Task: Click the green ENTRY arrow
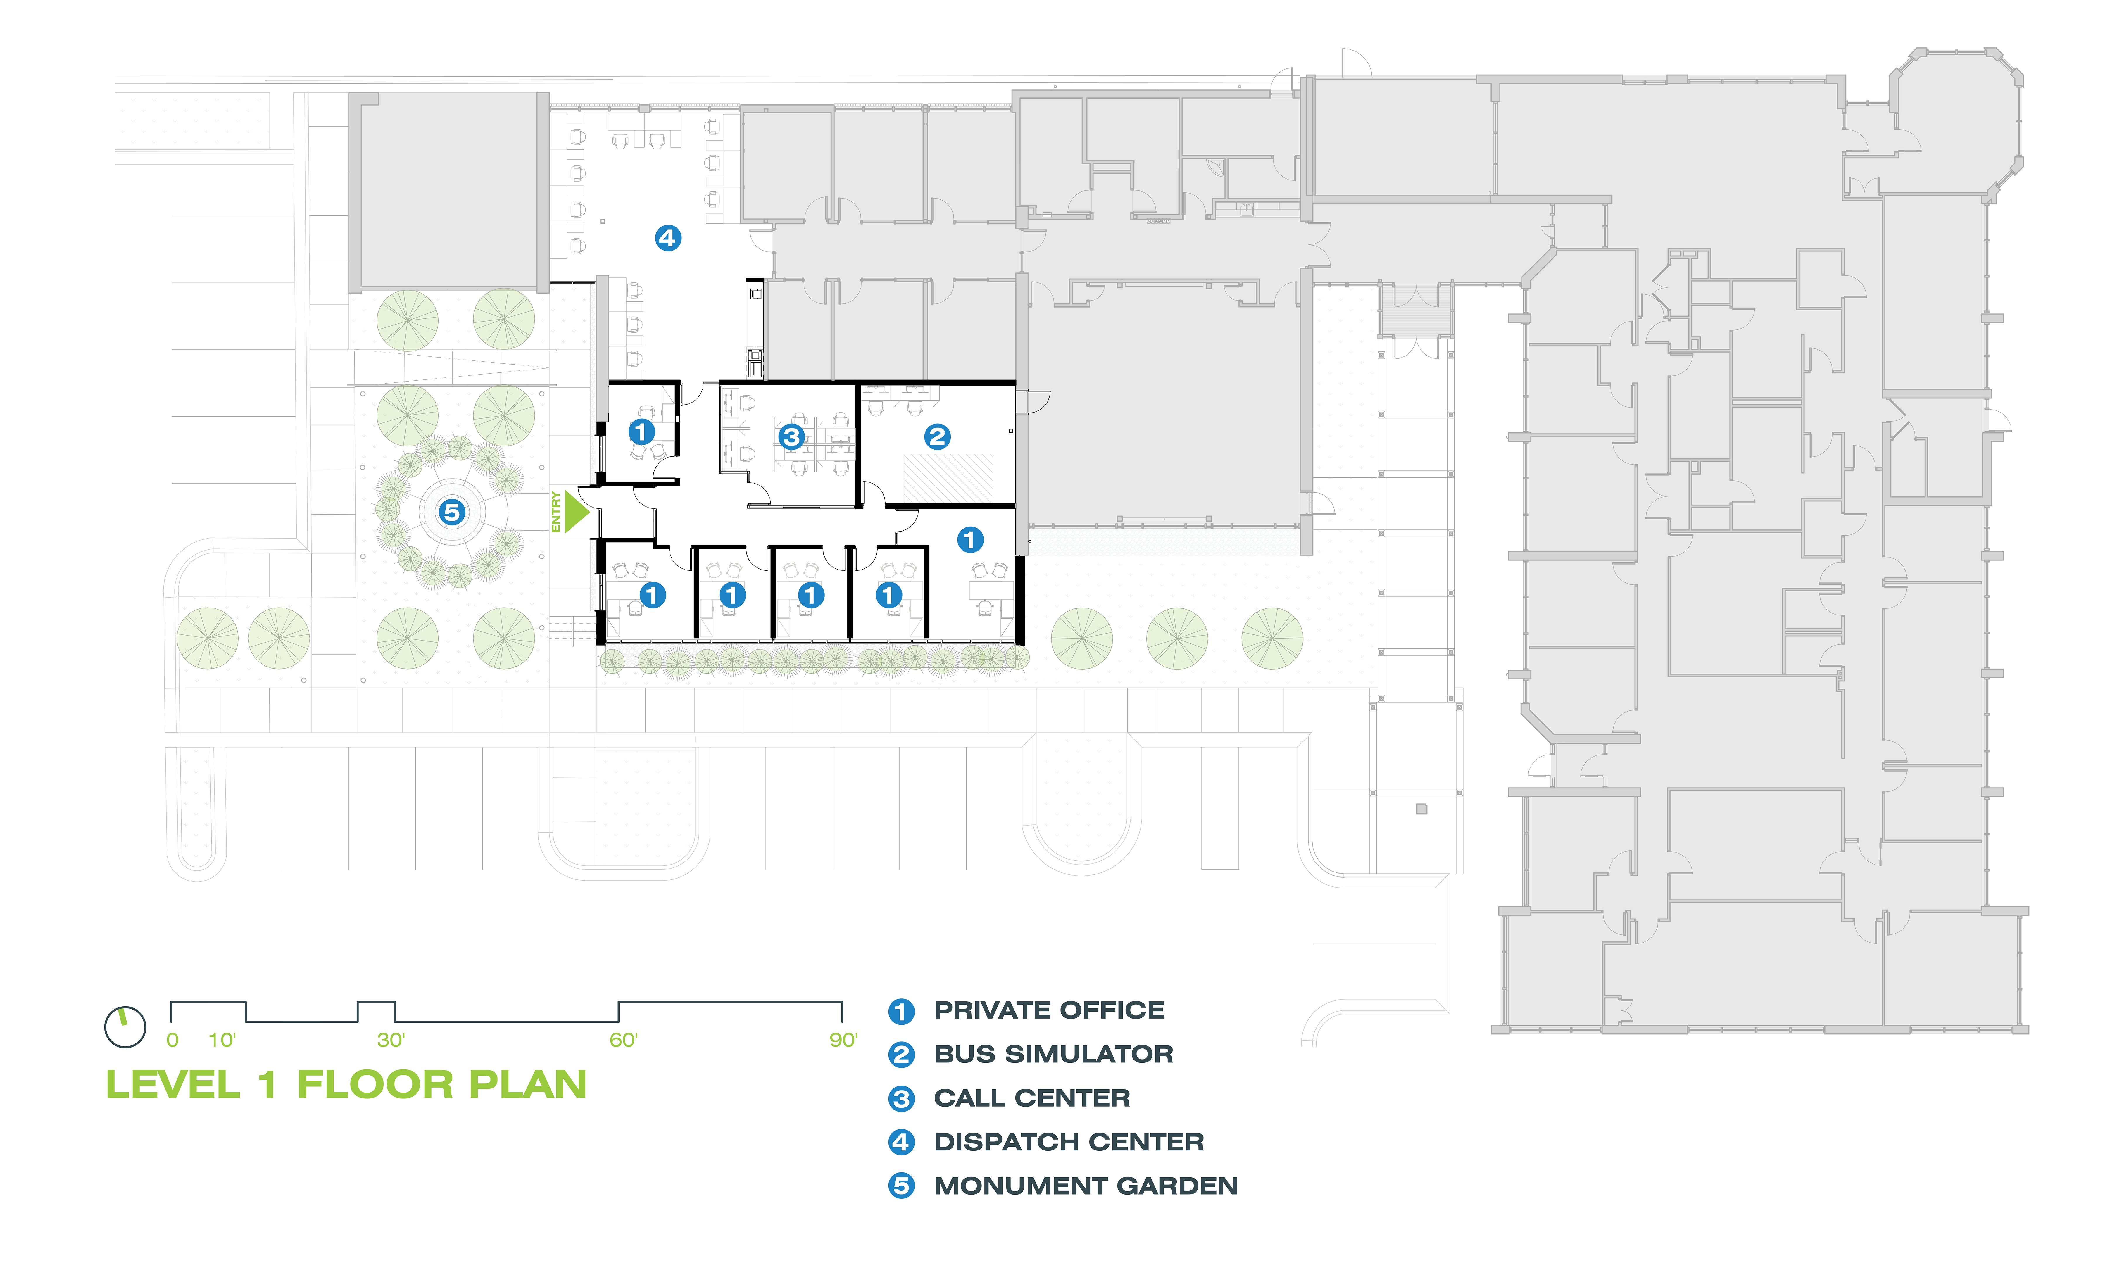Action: coord(576,512)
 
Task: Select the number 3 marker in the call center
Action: coord(791,436)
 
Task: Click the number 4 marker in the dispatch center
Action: coord(668,238)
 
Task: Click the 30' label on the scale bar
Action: coord(391,1040)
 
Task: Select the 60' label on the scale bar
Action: coord(624,1040)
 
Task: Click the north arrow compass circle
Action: coord(125,1027)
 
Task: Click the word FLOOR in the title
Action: coord(375,1085)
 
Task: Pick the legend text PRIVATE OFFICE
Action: coord(1049,1010)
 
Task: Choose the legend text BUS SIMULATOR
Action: coord(1053,1055)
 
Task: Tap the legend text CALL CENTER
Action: coord(1032,1098)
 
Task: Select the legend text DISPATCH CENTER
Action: coord(1069,1142)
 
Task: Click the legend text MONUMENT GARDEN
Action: coord(1086,1186)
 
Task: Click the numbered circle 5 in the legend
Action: coord(901,1186)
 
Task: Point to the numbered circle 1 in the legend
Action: coord(901,1011)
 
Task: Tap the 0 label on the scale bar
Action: coord(173,1040)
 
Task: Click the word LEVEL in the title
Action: coord(173,1085)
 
